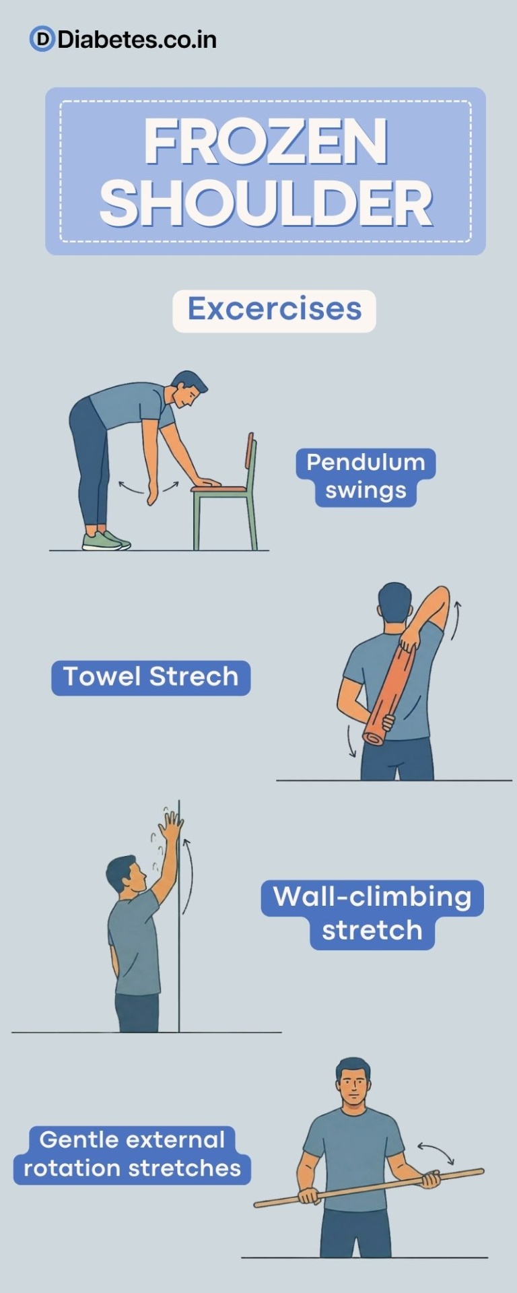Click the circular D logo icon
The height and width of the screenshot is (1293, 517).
[x=42, y=40]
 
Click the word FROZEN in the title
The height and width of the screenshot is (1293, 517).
[x=266, y=142]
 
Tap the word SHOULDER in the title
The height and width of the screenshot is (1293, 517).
[x=266, y=204]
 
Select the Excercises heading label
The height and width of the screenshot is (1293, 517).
[x=274, y=310]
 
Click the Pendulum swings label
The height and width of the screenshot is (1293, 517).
[x=366, y=477]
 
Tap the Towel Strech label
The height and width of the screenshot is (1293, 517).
[x=151, y=677]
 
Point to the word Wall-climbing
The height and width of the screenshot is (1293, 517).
[x=372, y=897]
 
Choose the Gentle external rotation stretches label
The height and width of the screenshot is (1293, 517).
[x=132, y=1154]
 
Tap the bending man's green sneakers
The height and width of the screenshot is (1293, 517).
[x=105, y=541]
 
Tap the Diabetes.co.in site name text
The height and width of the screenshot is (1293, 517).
[x=137, y=40]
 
